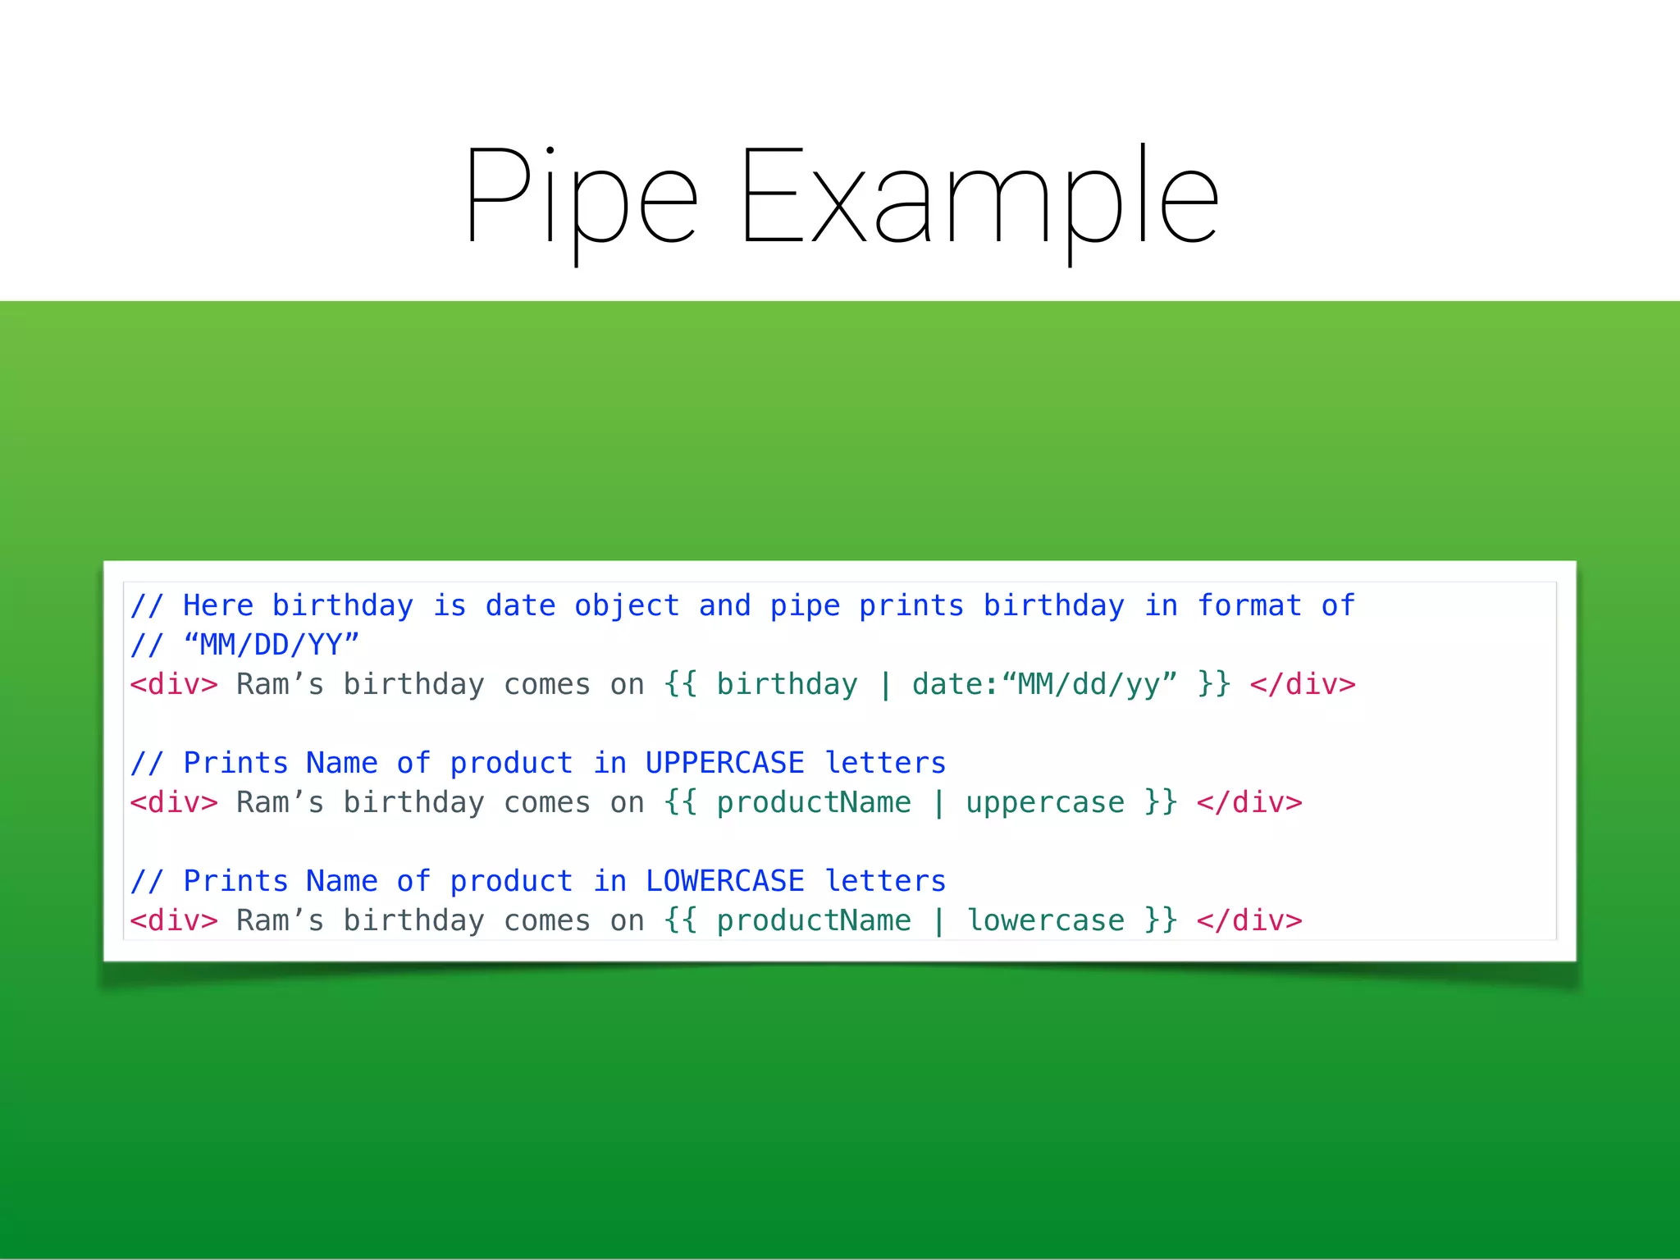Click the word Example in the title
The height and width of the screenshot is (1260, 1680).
[979, 198]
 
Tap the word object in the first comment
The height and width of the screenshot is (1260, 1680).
[627, 606]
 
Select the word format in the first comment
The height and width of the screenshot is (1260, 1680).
[1249, 606]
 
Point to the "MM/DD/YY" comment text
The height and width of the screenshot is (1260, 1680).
[272, 645]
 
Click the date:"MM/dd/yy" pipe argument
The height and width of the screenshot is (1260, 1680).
[1044, 684]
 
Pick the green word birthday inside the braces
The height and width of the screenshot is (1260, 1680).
[787, 684]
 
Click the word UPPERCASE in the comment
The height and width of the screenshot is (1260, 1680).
[724, 763]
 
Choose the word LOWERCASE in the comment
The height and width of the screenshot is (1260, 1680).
[724, 881]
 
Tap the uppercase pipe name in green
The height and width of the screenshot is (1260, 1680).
[1044, 802]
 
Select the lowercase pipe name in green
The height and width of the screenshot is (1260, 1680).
[1044, 920]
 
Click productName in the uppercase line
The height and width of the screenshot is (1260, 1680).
[814, 802]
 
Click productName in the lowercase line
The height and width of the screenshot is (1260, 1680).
[814, 920]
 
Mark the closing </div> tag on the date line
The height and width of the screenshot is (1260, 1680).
[1302, 684]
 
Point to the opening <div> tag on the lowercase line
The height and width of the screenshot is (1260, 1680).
[174, 920]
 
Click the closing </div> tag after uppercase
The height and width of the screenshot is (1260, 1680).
[1249, 802]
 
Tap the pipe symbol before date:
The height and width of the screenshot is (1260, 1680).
[885, 684]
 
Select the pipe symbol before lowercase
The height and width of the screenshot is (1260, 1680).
[938, 920]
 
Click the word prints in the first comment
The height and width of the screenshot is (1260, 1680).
[911, 606]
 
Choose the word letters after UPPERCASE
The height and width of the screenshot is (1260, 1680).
[885, 763]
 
